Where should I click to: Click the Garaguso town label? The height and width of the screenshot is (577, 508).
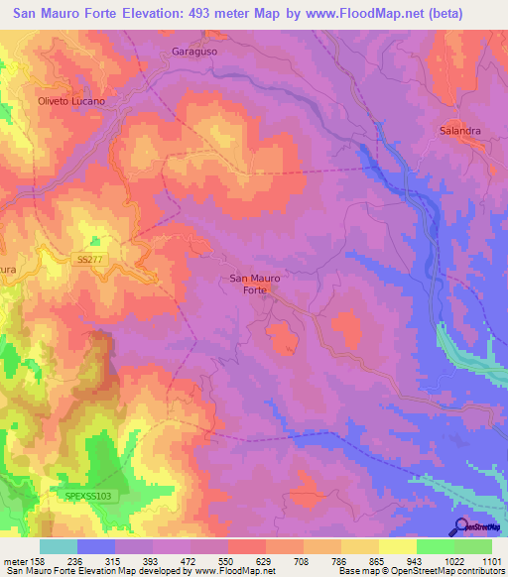193,51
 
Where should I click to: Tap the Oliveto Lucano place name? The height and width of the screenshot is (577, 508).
70,101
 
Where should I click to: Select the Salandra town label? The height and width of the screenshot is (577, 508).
460,131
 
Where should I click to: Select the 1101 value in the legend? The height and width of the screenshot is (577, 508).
491,560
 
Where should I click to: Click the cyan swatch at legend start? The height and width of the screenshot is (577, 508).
58,546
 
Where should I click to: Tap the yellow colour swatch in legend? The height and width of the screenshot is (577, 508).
397,546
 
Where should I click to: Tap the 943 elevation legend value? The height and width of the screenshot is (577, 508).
416,560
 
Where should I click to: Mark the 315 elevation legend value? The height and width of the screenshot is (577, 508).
114,560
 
